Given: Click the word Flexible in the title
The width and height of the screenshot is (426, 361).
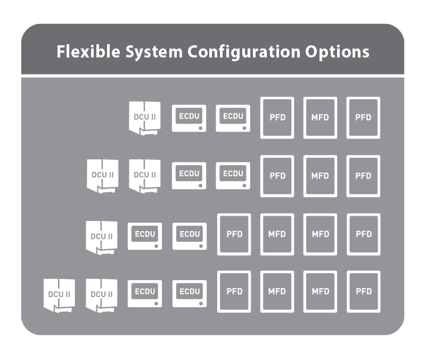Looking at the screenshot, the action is click(x=88, y=51).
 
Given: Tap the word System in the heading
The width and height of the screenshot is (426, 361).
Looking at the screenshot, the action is click(x=154, y=52).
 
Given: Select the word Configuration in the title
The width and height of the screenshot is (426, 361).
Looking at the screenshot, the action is click(x=244, y=52).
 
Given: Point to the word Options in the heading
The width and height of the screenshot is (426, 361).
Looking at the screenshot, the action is click(x=337, y=52).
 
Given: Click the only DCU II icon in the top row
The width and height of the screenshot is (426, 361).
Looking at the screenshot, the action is click(x=144, y=118).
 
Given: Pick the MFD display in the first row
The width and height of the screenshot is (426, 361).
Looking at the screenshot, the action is click(x=320, y=118).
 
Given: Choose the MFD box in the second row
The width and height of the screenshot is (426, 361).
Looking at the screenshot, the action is click(x=320, y=176).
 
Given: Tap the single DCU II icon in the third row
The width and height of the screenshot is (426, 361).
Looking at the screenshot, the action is click(x=102, y=237).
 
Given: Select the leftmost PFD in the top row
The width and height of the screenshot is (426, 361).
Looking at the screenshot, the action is click(x=277, y=118).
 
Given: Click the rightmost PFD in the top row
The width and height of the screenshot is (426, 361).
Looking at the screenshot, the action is click(x=363, y=118).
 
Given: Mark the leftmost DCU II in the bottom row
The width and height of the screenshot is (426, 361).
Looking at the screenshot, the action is click(x=59, y=296).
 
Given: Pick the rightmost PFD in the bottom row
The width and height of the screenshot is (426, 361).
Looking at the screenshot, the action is click(x=364, y=291).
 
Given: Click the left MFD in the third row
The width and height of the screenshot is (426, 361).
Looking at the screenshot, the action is click(x=277, y=234).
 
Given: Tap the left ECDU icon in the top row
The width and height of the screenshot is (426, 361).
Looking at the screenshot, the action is click(x=189, y=118).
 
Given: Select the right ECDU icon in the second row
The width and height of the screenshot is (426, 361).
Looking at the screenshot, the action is click(x=233, y=176).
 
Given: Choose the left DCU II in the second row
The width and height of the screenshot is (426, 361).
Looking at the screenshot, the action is click(x=102, y=176).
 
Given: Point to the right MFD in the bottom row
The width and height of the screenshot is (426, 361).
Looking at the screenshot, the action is click(x=320, y=291).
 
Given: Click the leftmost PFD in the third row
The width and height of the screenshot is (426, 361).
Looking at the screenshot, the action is click(x=234, y=234).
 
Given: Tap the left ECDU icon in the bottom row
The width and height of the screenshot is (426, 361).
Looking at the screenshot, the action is click(x=145, y=293).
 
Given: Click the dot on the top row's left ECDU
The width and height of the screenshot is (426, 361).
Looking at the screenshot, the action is click(x=201, y=128).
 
